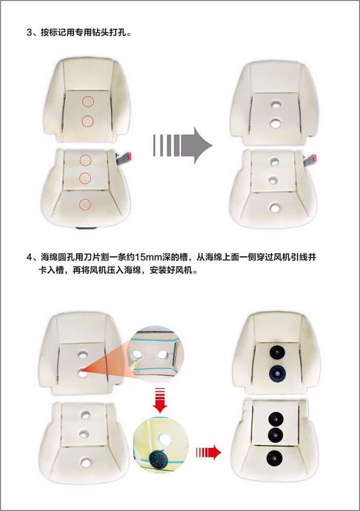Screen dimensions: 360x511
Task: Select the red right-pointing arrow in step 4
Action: click(x=209, y=452)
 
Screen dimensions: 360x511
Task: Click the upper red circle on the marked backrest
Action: click(x=88, y=101)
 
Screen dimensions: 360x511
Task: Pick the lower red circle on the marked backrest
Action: click(x=87, y=121)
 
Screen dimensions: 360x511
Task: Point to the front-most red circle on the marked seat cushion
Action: click(x=85, y=204)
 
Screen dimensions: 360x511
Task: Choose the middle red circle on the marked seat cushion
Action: click(x=85, y=178)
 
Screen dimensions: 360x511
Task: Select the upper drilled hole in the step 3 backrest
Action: click(x=276, y=104)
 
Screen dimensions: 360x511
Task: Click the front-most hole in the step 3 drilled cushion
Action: click(x=275, y=207)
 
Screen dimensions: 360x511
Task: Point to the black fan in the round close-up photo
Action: click(x=159, y=459)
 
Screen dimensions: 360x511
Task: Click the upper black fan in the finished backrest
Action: click(x=277, y=352)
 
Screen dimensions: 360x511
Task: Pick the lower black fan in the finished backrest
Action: click(x=277, y=373)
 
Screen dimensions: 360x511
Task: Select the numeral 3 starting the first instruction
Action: click(x=29, y=32)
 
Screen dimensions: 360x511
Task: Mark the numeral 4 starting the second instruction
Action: click(x=29, y=257)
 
